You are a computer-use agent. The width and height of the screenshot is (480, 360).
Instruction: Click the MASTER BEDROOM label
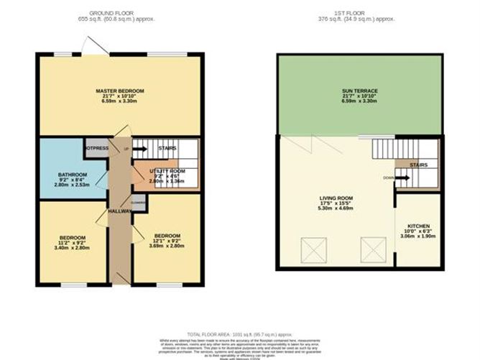point(120,91)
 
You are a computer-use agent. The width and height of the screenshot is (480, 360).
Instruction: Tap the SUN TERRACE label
point(360,91)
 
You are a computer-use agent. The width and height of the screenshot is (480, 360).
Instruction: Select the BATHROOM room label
point(73,175)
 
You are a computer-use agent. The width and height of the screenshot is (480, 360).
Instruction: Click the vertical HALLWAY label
point(121,212)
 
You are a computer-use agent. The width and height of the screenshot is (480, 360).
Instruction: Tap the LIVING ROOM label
point(335,195)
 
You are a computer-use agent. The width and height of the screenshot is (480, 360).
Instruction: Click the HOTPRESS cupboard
point(96,147)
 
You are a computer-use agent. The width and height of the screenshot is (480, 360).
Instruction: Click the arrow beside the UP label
point(139,149)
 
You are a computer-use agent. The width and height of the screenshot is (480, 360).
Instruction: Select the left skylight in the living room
point(313,251)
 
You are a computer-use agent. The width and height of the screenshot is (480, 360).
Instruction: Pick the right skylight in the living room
point(374,251)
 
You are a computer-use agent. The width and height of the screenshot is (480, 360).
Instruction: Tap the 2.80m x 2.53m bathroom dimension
point(73,185)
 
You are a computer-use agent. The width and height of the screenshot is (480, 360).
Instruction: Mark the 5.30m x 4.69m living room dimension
point(335,207)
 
